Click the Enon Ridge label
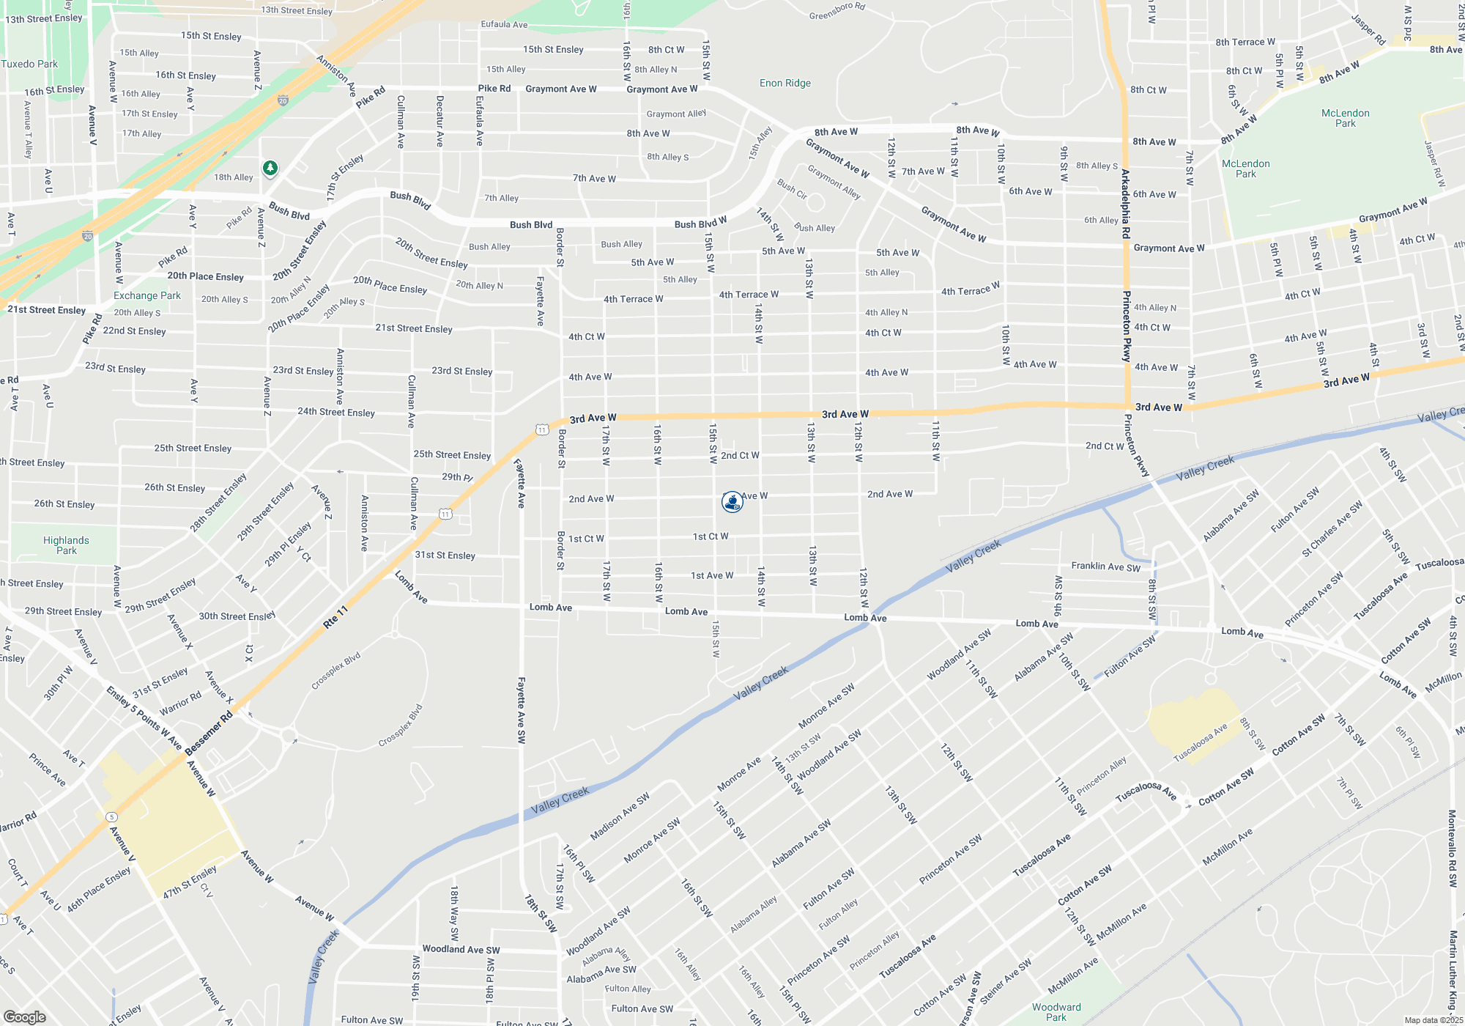click(x=785, y=84)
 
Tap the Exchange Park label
click(x=146, y=296)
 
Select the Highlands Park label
click(x=66, y=545)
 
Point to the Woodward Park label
click(x=1056, y=1012)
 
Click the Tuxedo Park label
click(x=29, y=64)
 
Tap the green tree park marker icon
click(x=270, y=169)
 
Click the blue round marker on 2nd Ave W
click(x=732, y=501)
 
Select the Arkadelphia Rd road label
click(x=1125, y=204)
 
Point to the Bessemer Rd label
click(x=209, y=733)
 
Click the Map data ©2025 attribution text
click(x=1434, y=1020)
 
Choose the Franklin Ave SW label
click(x=1105, y=566)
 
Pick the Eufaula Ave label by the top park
click(x=504, y=25)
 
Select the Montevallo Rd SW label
click(x=1452, y=849)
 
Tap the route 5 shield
click(x=111, y=817)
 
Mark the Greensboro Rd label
click(x=837, y=11)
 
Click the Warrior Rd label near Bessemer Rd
click(x=180, y=703)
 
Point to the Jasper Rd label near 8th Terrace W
click(x=1368, y=29)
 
